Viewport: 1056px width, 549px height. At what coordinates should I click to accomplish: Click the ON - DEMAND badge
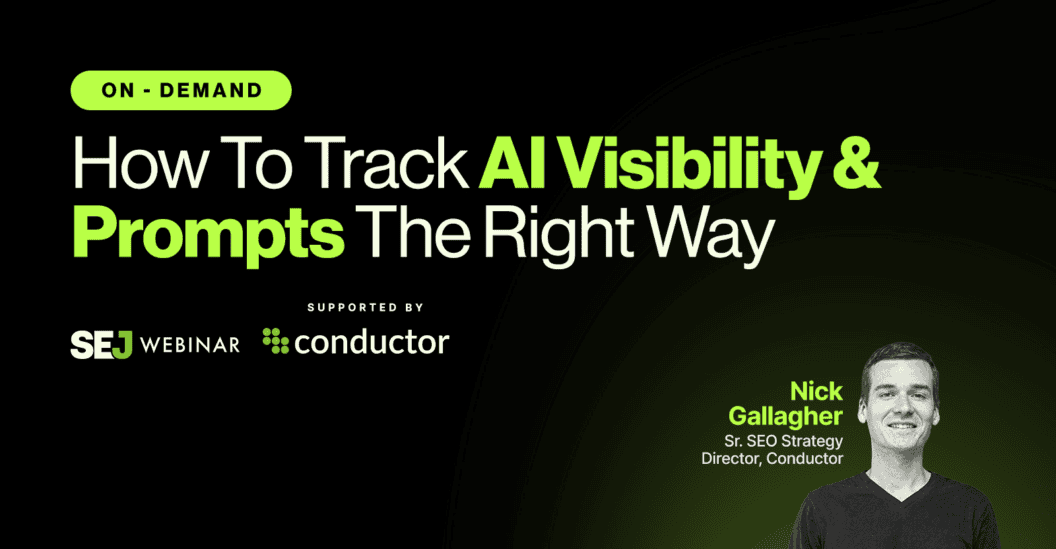point(180,91)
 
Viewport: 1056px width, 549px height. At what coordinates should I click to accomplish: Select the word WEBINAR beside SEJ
point(189,344)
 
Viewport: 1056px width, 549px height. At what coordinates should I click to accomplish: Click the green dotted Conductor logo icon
point(275,341)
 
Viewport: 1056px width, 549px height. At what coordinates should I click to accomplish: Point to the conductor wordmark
point(372,342)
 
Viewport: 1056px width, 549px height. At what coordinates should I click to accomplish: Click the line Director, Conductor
point(772,459)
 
